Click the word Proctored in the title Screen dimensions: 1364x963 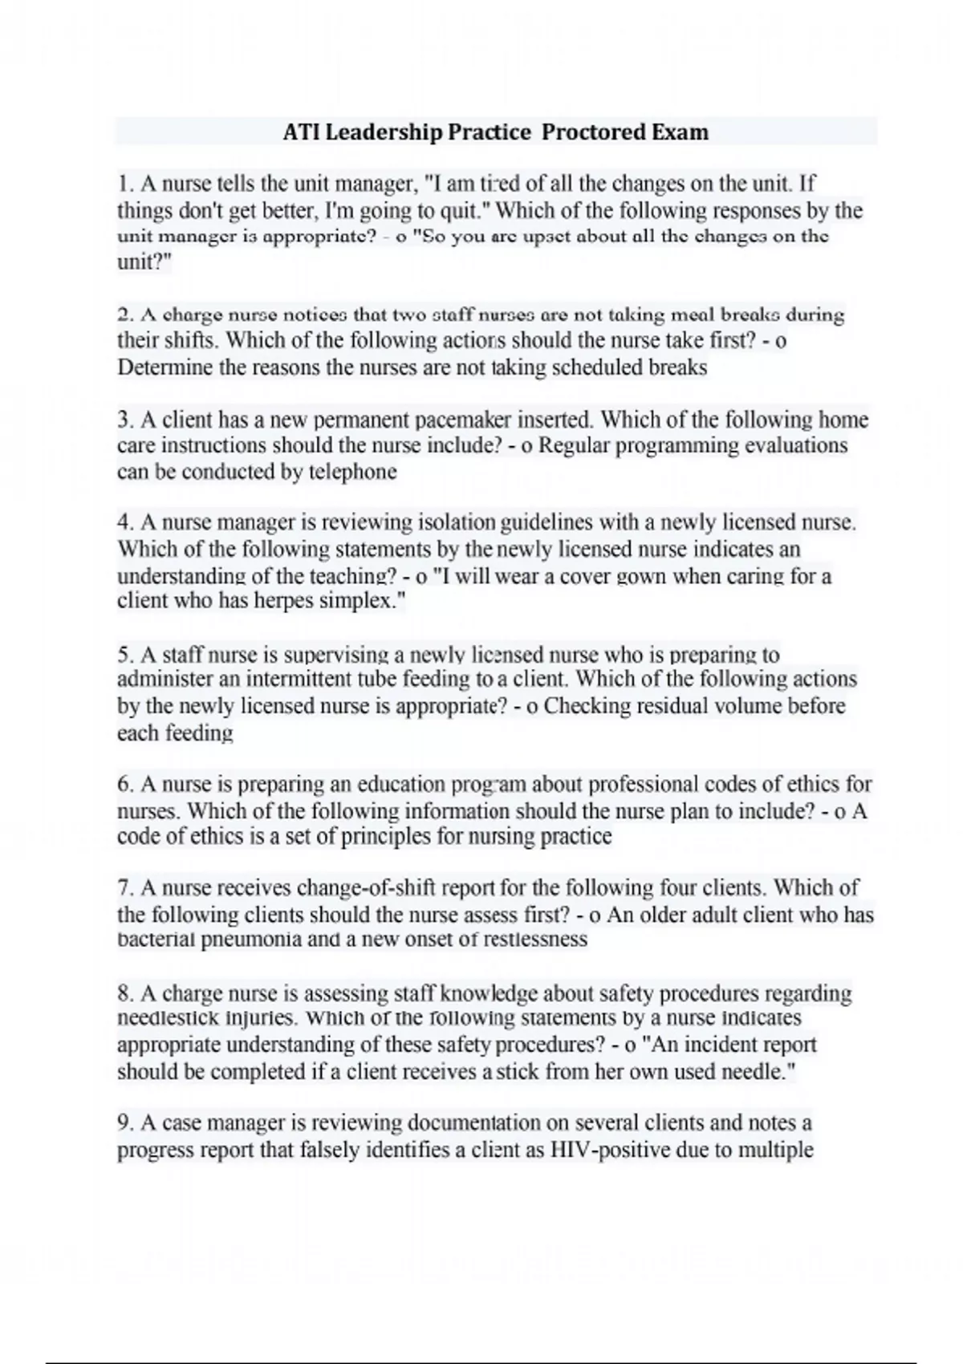pos(594,132)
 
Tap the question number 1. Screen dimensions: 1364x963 pos(124,185)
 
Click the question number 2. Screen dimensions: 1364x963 pos(124,315)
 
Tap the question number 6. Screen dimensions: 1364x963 pos(124,784)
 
